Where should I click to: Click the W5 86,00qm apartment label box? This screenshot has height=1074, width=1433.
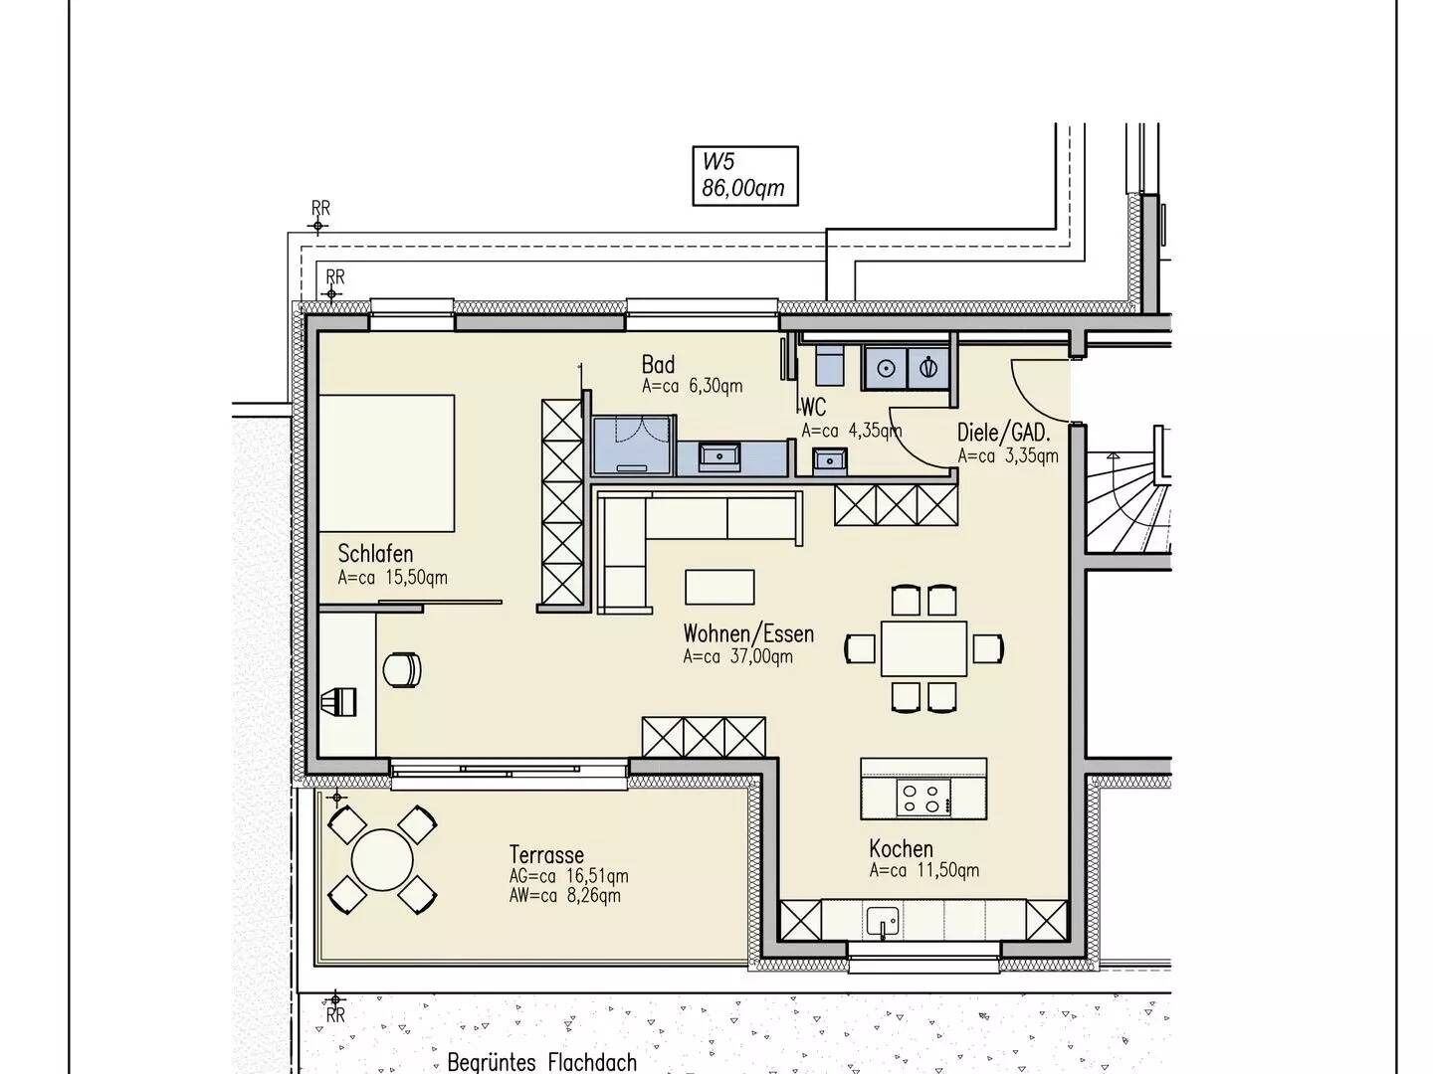[745, 176]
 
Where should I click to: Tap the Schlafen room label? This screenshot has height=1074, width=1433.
[375, 554]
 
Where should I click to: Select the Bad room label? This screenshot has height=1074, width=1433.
[658, 365]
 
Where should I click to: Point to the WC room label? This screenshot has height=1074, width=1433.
[813, 408]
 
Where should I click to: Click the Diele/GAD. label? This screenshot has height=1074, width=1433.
[1003, 433]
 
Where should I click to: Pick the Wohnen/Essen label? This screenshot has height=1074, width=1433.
[748, 633]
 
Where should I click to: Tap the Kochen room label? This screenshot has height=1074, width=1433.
[901, 849]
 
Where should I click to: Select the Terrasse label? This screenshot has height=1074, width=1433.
[546, 855]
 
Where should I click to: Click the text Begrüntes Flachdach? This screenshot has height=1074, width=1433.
[542, 1062]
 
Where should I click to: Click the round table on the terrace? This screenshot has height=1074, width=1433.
[382, 860]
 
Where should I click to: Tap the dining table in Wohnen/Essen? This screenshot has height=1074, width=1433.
[923, 648]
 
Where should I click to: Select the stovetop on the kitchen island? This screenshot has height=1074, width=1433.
[923, 798]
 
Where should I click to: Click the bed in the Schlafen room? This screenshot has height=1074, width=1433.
[386, 463]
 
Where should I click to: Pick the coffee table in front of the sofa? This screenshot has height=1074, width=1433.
[719, 588]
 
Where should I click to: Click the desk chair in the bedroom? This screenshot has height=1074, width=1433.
[402, 669]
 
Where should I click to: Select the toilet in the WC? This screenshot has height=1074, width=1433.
[830, 367]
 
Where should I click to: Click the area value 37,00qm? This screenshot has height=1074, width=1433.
[761, 656]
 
